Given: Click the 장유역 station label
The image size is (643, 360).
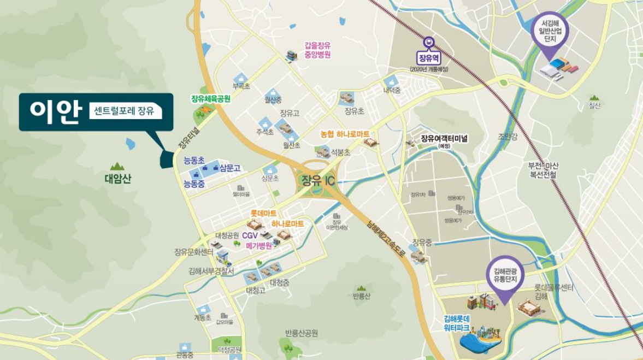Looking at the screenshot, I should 429,57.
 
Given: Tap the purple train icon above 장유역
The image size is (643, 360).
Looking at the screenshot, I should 429,42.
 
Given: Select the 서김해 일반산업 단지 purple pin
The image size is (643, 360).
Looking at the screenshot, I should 550,32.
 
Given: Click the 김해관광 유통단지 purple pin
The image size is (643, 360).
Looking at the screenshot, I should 505,275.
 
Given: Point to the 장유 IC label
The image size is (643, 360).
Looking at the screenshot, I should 318,181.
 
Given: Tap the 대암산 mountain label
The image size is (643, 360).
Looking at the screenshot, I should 118,179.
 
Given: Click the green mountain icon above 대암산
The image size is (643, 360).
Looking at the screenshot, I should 117,167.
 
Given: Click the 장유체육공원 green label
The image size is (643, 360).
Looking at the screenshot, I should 210,99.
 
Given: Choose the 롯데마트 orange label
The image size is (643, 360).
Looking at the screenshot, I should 263,213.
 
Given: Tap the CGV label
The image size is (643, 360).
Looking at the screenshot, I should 250,235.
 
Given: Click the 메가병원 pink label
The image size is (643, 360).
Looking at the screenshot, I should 259,246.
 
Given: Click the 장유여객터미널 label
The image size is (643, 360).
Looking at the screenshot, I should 444,139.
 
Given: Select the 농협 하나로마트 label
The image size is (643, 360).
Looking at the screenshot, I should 344,134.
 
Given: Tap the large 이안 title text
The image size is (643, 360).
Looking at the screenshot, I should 55,112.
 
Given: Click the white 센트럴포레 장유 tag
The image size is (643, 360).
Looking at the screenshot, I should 126,112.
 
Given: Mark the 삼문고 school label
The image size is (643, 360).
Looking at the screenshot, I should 230,168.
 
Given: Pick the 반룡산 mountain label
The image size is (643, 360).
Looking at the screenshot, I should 361,296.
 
